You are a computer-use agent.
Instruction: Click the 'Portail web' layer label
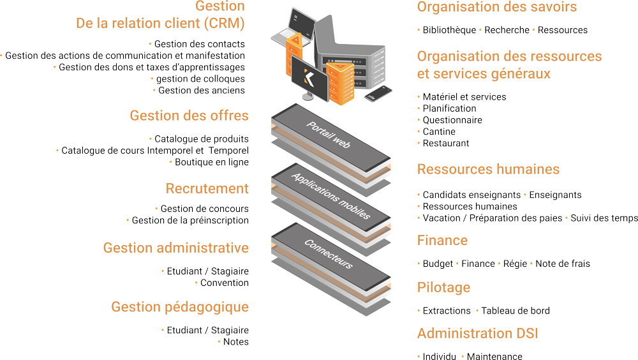click(x=329, y=135)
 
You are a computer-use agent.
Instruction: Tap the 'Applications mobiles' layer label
click(x=330, y=196)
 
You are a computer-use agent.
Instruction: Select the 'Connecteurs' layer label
click(x=329, y=253)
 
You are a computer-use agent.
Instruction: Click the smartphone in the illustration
click(x=378, y=93)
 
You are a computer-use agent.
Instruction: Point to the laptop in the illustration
click(x=293, y=27)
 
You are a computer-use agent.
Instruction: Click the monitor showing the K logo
click(x=309, y=78)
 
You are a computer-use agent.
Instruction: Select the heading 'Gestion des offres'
click(x=189, y=116)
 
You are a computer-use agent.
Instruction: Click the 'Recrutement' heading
click(x=207, y=188)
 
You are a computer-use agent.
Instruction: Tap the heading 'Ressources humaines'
click(x=488, y=169)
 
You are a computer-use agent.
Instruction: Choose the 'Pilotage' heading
click(x=443, y=287)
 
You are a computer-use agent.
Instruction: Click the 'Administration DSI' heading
click(x=478, y=334)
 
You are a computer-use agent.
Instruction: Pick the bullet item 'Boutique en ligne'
click(x=212, y=162)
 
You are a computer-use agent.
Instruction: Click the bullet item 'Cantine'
click(x=439, y=131)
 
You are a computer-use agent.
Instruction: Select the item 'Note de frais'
click(x=563, y=264)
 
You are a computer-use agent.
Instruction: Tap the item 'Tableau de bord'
click(x=516, y=311)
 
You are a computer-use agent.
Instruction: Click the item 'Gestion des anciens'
click(x=202, y=91)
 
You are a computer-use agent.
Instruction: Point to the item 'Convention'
click(x=224, y=283)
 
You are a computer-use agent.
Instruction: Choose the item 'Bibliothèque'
click(x=449, y=30)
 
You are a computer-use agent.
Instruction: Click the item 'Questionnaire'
click(x=452, y=120)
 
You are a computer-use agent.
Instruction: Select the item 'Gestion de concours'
click(x=204, y=209)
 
